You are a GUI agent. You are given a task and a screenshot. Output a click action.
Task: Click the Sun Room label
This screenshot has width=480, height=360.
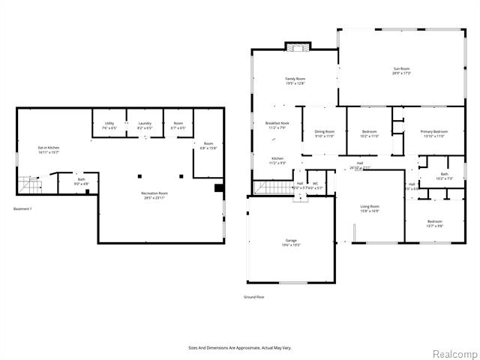point(402,69)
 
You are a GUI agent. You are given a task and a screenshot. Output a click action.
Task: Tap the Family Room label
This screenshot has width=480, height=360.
point(295,79)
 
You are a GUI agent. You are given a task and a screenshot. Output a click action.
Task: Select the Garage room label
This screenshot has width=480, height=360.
point(290,240)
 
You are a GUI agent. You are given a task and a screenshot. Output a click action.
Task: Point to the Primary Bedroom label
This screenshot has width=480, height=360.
point(433,132)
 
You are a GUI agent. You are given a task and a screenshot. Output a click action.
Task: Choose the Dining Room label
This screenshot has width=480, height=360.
point(324,131)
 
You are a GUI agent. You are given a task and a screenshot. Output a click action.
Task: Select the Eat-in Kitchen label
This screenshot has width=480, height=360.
point(49,147)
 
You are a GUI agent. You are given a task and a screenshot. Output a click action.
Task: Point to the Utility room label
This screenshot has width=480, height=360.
point(109,124)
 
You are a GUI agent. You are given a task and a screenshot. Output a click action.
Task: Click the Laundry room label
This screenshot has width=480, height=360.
point(144,124)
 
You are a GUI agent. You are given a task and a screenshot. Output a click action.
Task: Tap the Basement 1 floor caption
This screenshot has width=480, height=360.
point(22,208)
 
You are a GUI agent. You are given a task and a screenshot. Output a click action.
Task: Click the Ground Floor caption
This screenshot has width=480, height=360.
point(254,297)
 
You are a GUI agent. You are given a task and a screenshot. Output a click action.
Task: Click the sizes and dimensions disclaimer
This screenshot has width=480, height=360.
point(240,347)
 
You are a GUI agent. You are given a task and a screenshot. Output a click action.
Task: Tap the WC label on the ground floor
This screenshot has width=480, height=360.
point(316,183)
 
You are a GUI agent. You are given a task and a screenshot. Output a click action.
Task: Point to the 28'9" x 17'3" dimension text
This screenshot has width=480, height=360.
point(402,73)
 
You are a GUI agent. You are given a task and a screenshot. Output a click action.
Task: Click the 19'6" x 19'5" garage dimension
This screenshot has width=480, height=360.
point(290,244)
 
